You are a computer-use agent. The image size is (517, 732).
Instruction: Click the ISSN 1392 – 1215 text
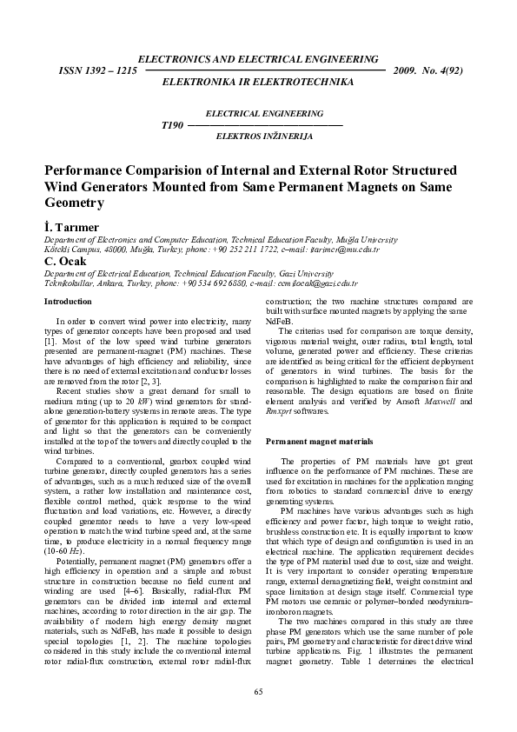click(96, 68)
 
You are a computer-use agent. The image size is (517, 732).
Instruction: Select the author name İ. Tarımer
click(68, 226)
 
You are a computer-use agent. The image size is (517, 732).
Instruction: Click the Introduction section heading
click(68, 302)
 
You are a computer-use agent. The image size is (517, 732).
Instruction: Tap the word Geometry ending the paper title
click(74, 203)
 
